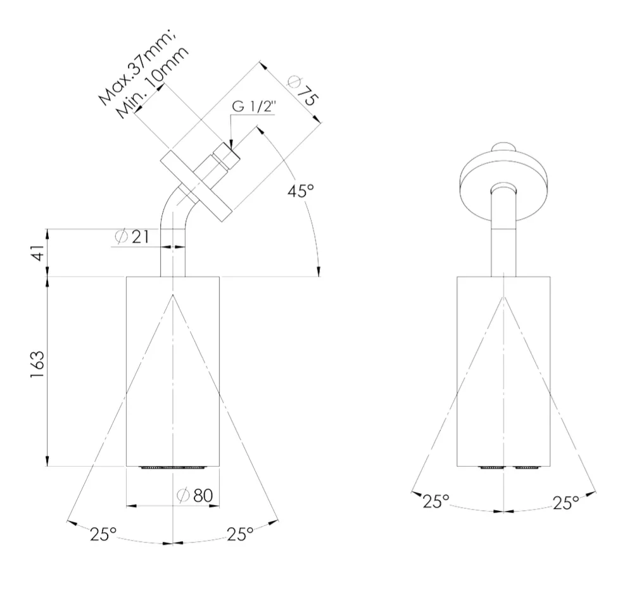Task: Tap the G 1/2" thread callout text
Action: (254, 106)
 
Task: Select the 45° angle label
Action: (301, 191)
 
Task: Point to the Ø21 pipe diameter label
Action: (132, 237)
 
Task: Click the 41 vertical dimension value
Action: (38, 253)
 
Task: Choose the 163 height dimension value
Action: (37, 365)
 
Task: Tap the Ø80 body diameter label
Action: (195, 495)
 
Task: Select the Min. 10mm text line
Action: (153, 82)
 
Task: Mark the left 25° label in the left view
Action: (103, 534)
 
